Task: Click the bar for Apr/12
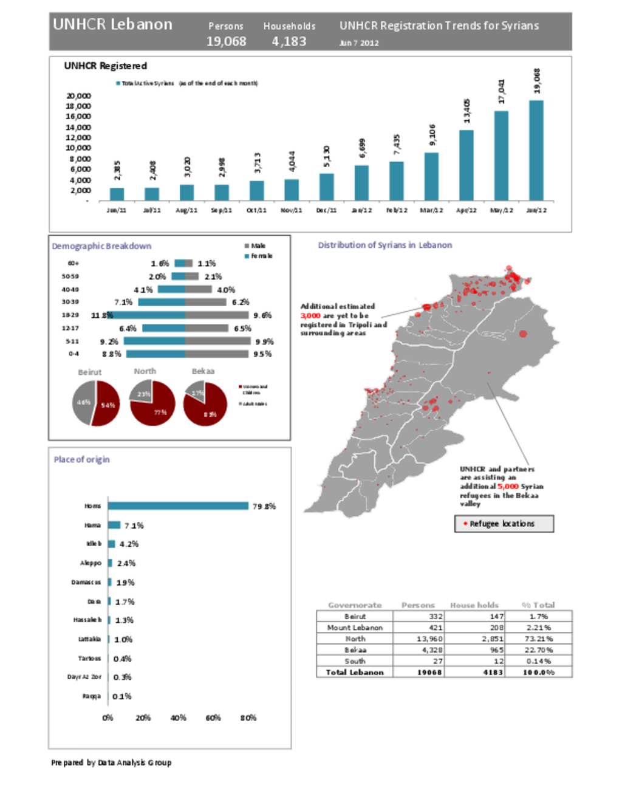466,165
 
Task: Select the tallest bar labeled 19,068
536,150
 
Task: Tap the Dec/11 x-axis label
326,210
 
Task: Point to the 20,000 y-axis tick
79,96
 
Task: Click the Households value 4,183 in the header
289,41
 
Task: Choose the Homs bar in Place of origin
178,506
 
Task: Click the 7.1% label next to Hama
134,526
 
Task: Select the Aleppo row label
91,563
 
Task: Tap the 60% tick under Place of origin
213,718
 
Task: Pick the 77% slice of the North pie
155,407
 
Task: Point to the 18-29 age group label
70,315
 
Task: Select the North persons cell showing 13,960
429,639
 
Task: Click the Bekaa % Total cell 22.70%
538,650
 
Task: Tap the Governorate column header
355,605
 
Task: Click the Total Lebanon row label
355,673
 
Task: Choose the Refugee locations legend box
504,524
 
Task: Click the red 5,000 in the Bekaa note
508,487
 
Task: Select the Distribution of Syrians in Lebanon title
385,245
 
